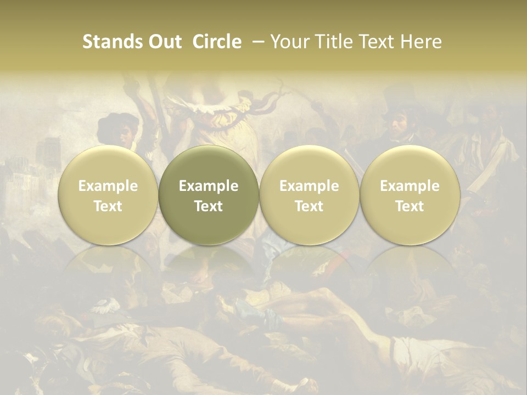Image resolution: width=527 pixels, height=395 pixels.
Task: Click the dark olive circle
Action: (x=209, y=195)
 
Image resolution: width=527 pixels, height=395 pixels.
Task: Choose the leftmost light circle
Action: (x=108, y=195)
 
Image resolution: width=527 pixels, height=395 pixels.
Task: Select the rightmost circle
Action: (x=410, y=195)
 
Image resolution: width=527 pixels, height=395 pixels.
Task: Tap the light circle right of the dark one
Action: (x=309, y=195)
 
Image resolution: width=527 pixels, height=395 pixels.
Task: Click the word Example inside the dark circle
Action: (x=209, y=186)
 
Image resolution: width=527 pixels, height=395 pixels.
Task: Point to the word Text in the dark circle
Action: (x=209, y=206)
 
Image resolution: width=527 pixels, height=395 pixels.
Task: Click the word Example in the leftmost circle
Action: (x=108, y=186)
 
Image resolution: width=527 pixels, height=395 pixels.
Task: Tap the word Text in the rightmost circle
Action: (x=410, y=206)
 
